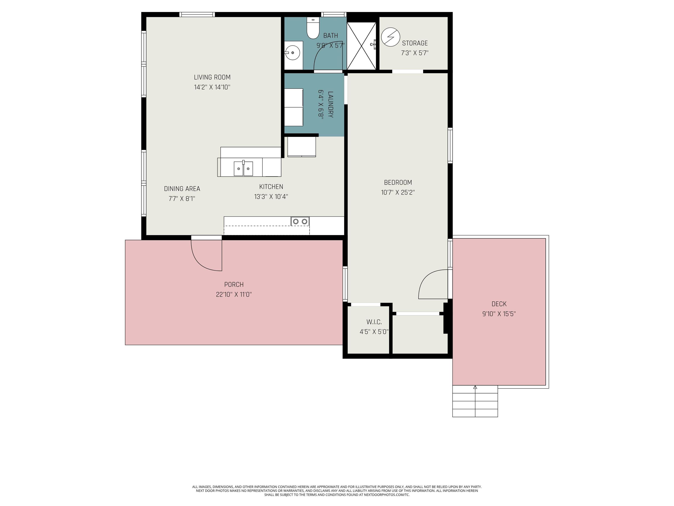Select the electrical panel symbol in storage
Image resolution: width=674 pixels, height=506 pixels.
(391, 37)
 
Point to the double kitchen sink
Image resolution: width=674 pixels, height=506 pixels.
(244, 169)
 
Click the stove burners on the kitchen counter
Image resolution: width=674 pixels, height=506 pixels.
(300, 221)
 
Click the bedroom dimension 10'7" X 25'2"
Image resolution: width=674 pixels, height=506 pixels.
(398, 192)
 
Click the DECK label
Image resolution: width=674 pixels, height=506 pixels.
(499, 304)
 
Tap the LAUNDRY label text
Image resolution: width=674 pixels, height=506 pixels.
(331, 104)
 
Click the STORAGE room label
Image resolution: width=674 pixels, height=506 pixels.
(415, 43)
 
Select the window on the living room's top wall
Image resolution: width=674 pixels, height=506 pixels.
(197, 14)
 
